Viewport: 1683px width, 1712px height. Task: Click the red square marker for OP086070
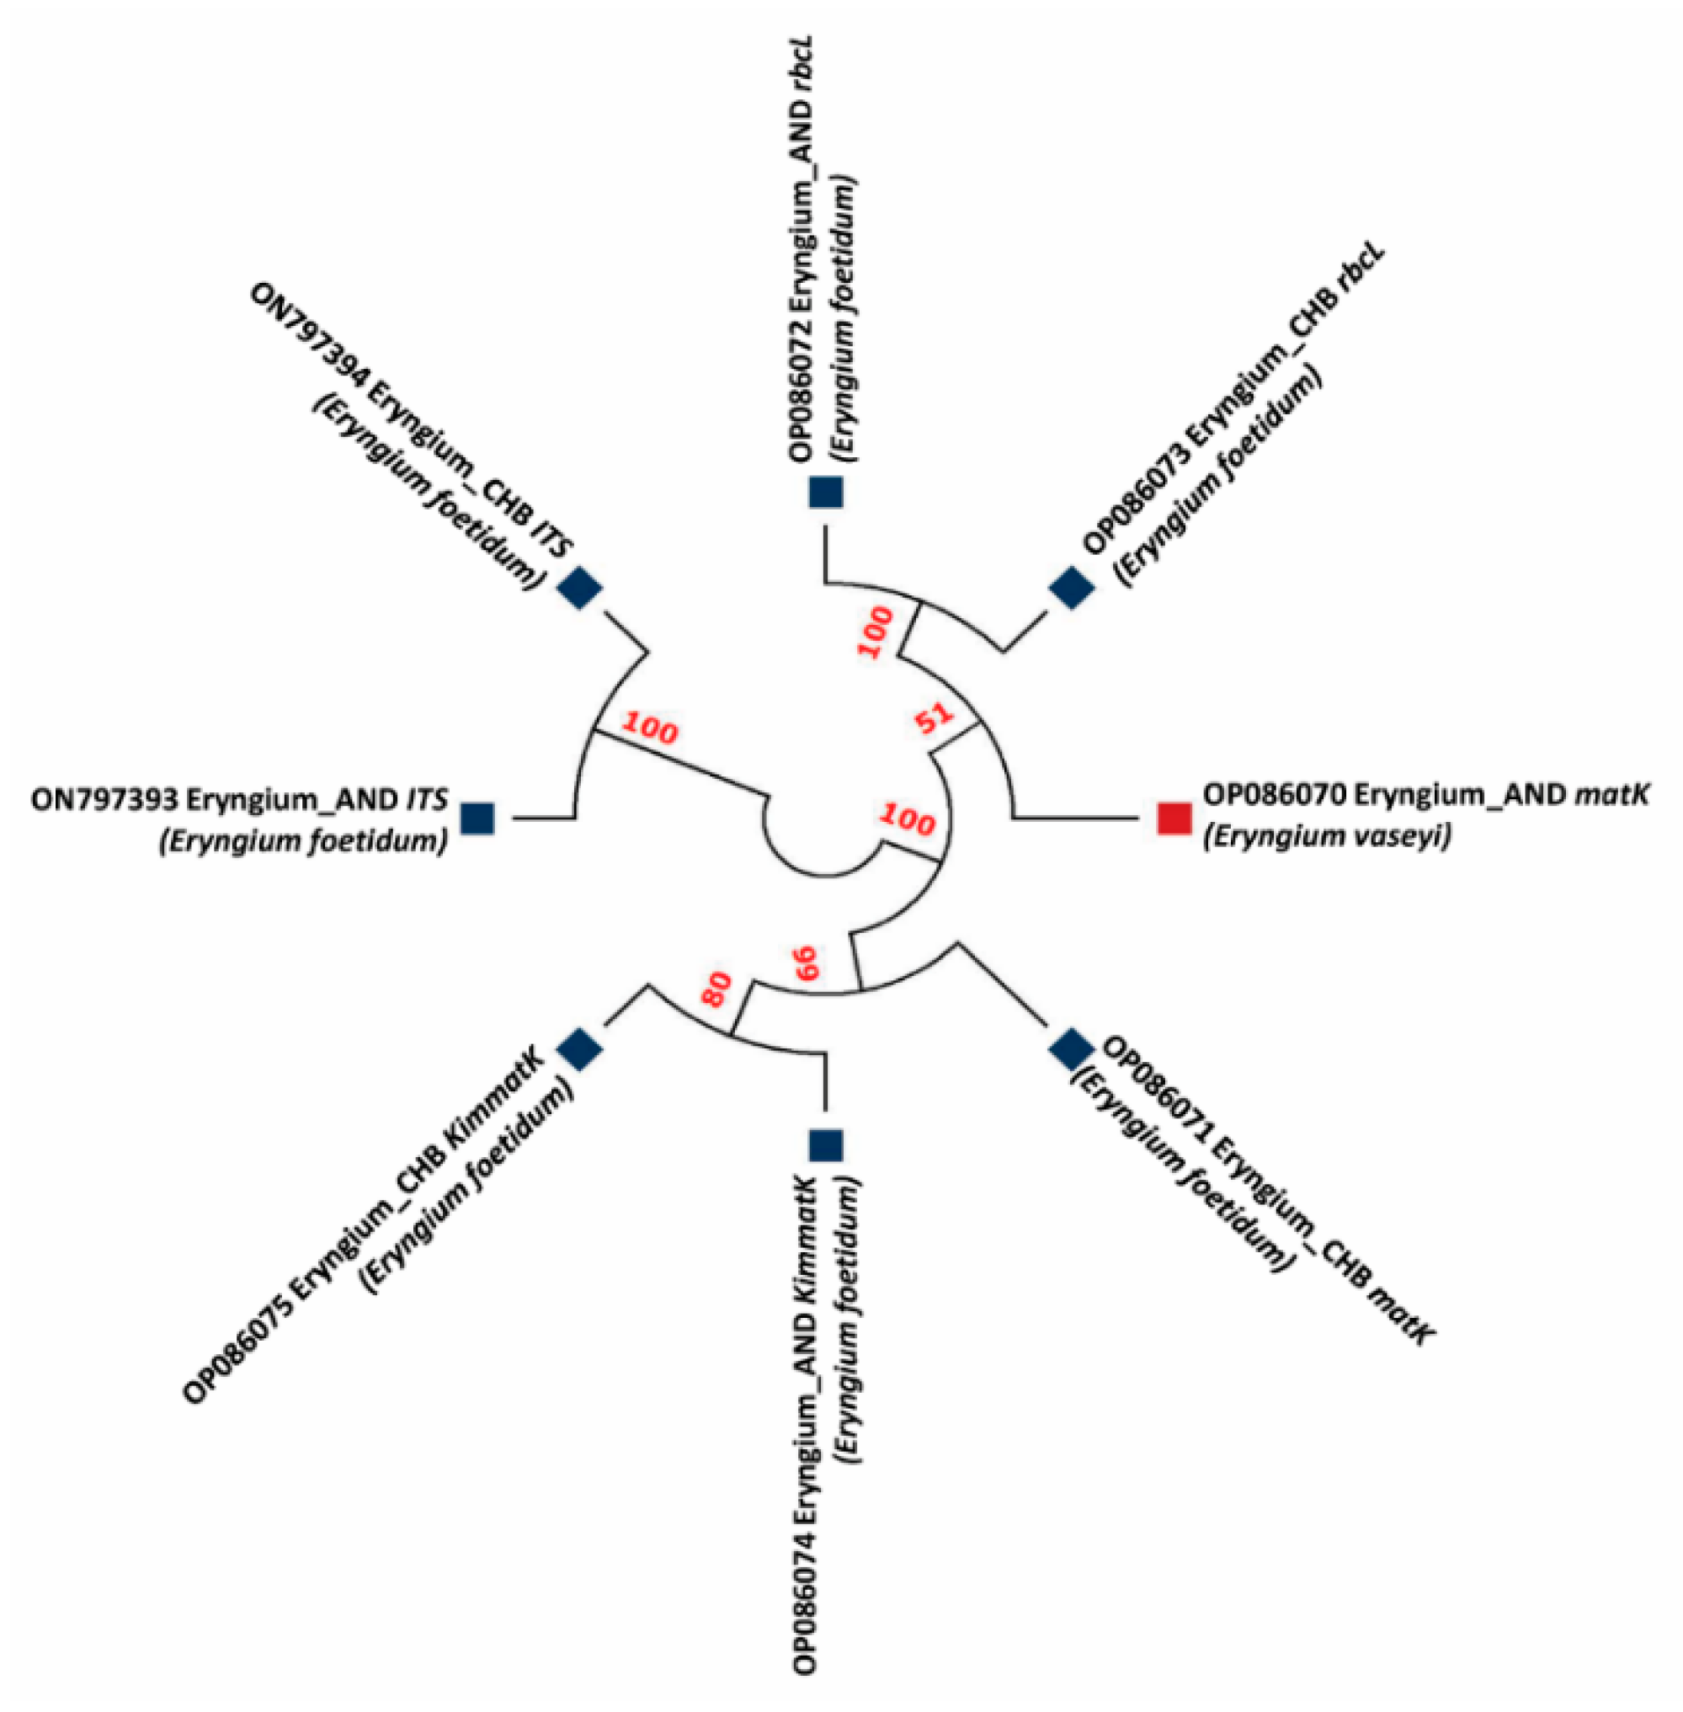[x=1174, y=818]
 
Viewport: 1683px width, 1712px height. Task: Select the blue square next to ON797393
[x=478, y=819]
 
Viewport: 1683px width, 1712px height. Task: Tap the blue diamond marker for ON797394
[x=581, y=587]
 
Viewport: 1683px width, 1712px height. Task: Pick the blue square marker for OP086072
[x=827, y=492]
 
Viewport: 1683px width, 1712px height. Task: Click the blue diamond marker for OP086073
[x=1071, y=588]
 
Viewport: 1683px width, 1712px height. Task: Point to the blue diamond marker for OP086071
[x=1071, y=1048]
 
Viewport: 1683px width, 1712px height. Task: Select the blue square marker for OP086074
[x=828, y=1145]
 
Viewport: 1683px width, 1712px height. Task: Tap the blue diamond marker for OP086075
[x=581, y=1048]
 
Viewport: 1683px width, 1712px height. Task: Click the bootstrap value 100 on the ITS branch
[x=650, y=729]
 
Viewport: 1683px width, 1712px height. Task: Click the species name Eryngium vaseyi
[x=1326, y=835]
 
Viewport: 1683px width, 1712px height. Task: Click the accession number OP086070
[x=1273, y=795]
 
